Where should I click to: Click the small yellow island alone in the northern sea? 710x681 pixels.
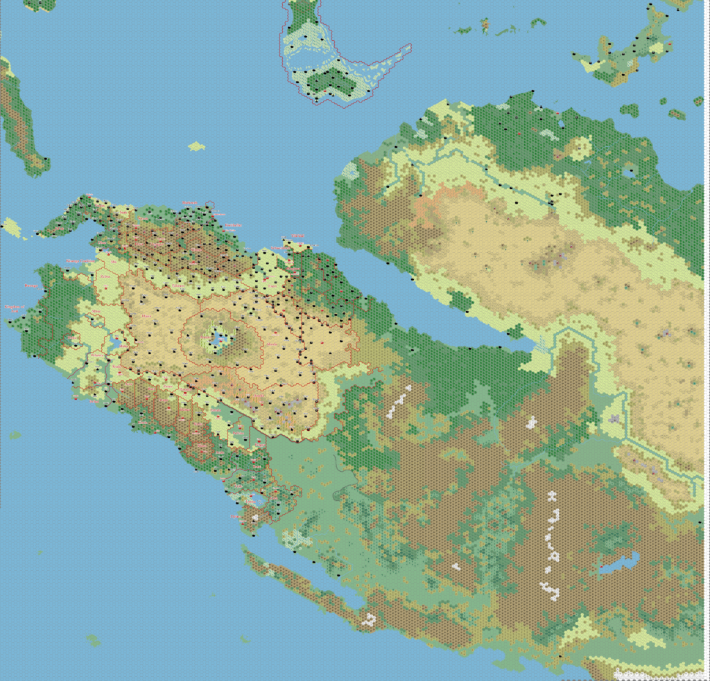coord(197,146)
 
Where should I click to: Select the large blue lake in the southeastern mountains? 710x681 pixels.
coord(619,563)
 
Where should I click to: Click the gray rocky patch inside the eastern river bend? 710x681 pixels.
coord(614,418)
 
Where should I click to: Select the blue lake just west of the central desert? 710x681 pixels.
coord(115,343)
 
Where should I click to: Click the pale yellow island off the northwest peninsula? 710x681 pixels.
coord(11,226)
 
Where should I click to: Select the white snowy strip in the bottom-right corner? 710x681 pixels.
coord(659,673)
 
